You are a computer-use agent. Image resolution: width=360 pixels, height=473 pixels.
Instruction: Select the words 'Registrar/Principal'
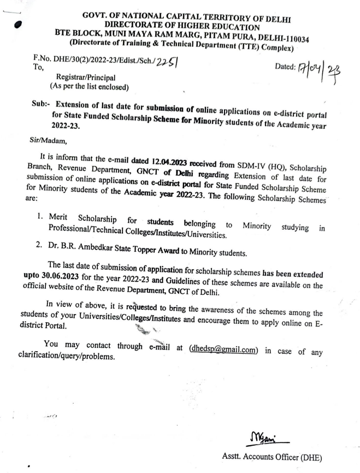82,77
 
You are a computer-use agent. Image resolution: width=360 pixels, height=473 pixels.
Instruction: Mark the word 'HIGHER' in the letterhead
191,23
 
